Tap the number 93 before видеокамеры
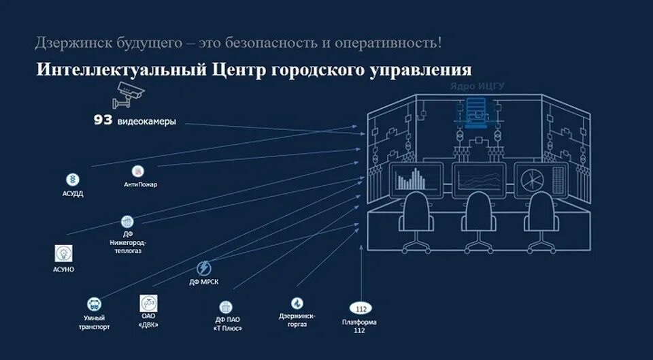103,121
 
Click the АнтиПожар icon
138,171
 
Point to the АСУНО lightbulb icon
64,254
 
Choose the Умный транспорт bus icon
93,304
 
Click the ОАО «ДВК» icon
149,303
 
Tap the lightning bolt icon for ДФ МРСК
203,268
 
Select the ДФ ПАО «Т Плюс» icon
226,307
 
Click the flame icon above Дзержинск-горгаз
297,304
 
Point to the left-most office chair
416,218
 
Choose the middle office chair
480,218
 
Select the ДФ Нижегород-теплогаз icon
127,221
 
